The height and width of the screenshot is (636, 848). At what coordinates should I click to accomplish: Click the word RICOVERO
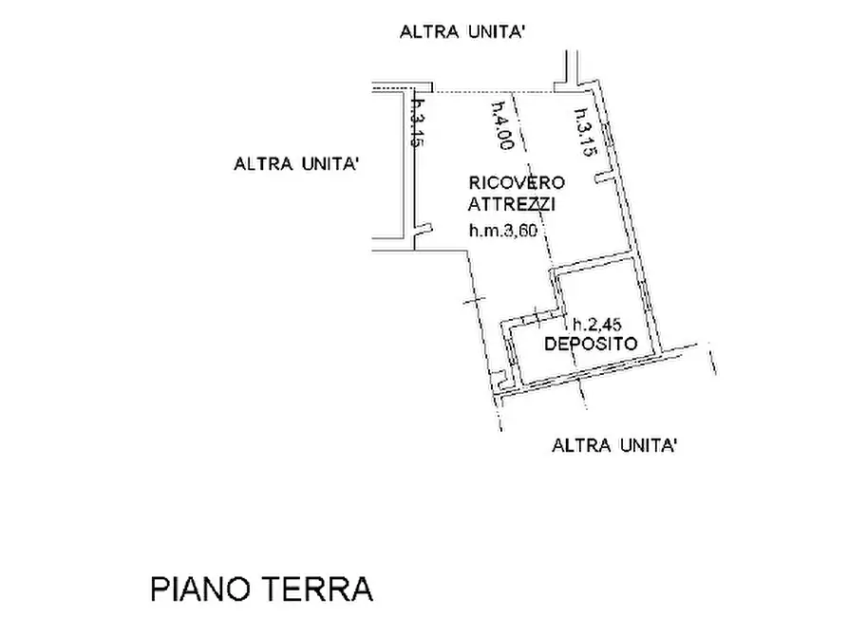(x=516, y=182)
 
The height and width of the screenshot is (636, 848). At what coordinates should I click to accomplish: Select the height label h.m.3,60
(x=508, y=229)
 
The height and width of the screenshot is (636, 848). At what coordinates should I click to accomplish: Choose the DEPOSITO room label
(x=590, y=344)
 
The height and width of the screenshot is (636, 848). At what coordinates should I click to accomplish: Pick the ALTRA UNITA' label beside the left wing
(x=295, y=164)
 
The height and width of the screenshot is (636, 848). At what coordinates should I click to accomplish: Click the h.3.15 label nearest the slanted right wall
(x=582, y=130)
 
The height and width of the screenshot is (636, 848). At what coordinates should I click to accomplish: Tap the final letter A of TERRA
(x=360, y=589)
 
